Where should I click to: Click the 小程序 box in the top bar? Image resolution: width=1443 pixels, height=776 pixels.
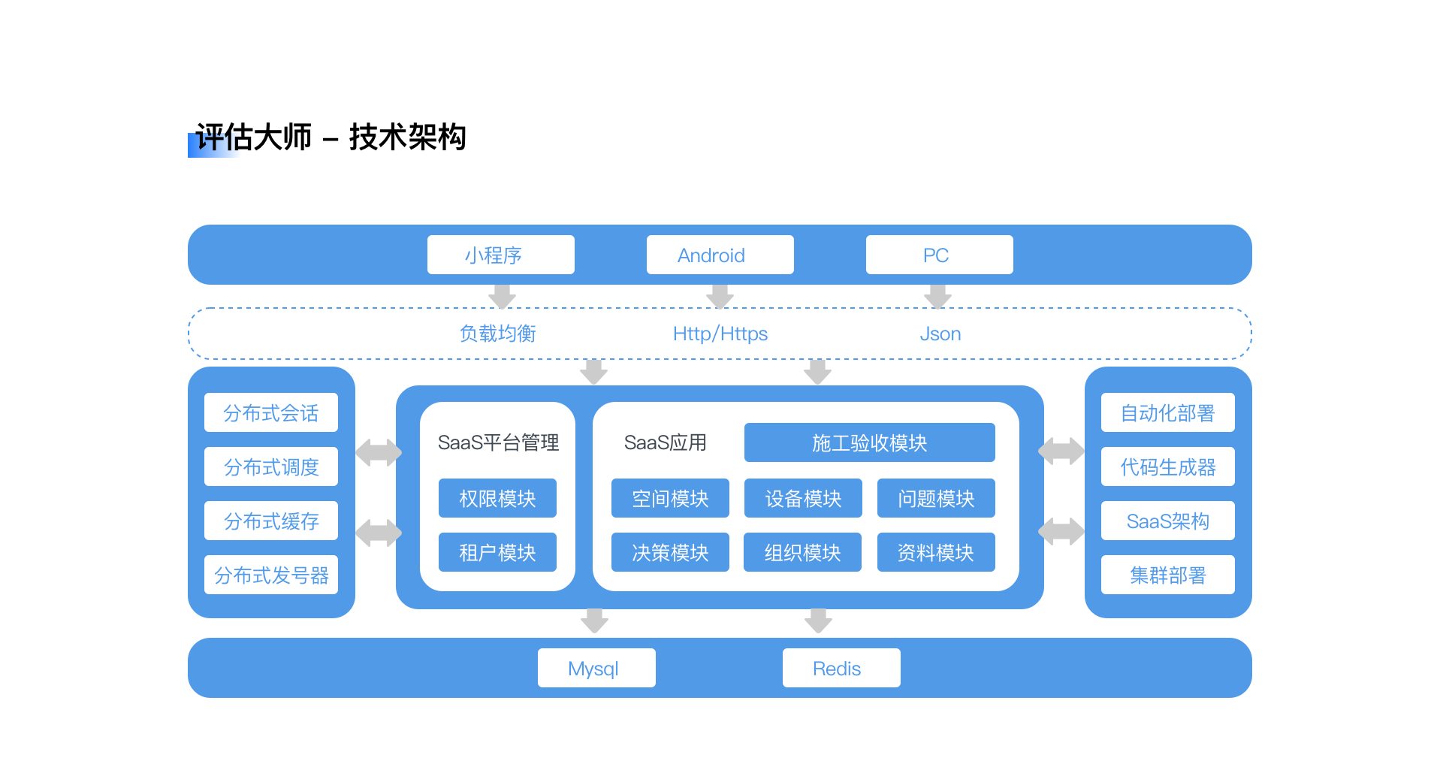tap(501, 255)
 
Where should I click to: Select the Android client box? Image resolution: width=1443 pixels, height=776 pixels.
tap(720, 255)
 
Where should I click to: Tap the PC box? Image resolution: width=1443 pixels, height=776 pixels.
tap(940, 255)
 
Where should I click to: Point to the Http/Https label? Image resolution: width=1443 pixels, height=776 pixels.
tap(720, 334)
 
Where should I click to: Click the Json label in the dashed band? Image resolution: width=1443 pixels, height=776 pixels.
tap(940, 334)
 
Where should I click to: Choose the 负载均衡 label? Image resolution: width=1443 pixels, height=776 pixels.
tap(498, 334)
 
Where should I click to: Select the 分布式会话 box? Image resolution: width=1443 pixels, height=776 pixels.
tap(271, 412)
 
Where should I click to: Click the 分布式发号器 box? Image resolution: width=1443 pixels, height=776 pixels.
tap(271, 575)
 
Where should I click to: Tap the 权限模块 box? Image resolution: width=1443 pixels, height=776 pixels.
tap(497, 498)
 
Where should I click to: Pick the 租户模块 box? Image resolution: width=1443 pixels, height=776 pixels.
tap(497, 552)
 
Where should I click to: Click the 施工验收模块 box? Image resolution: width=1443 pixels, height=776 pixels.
tap(870, 442)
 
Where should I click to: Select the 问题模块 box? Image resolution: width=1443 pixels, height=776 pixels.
tap(936, 498)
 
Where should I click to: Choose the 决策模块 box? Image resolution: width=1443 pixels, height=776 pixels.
tap(670, 552)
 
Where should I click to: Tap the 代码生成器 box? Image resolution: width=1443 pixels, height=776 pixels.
tap(1168, 467)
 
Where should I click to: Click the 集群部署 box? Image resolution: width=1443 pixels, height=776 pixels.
tap(1168, 575)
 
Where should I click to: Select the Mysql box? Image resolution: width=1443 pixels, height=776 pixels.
tap(596, 668)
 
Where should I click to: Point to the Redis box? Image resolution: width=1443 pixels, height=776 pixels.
tap(841, 668)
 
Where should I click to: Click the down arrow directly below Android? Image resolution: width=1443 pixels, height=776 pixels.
tap(720, 297)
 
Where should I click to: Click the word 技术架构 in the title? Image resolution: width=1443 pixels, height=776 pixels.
tap(408, 137)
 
